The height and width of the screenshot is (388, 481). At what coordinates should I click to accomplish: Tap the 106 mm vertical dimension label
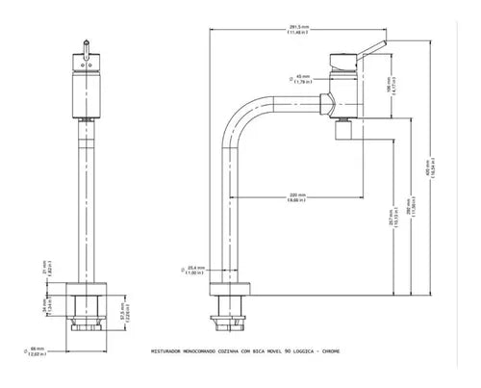coord(392,91)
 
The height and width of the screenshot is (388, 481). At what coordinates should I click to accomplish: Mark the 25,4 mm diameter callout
coord(195,271)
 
